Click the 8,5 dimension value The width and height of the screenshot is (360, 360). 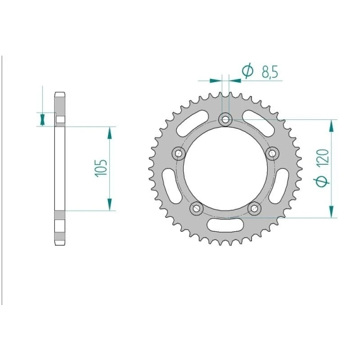click(x=270, y=72)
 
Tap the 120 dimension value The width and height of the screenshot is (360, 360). click(x=322, y=157)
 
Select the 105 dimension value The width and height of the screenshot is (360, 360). click(x=101, y=167)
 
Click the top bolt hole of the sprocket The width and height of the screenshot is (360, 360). click(x=225, y=119)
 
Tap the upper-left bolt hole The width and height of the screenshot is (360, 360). click(x=179, y=153)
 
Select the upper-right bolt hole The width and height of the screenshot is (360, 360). click(x=272, y=153)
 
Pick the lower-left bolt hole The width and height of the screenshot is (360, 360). click(x=196, y=208)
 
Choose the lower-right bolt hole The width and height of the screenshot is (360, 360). click(x=255, y=208)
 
